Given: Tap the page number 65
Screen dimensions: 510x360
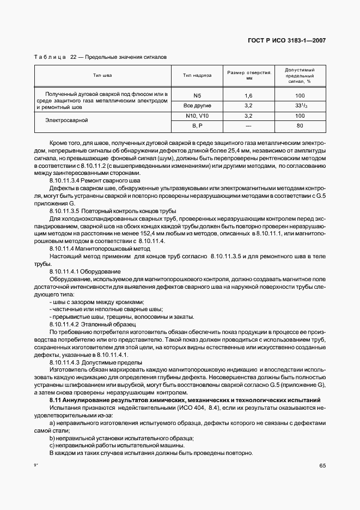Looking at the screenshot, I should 322,465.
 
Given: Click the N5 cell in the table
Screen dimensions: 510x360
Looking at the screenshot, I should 197,95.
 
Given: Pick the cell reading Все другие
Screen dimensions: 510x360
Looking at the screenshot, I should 197,105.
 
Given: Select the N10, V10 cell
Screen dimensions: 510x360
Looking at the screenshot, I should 197,116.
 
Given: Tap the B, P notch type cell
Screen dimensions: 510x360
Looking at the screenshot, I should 197,126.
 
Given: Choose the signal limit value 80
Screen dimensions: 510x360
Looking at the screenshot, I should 300,126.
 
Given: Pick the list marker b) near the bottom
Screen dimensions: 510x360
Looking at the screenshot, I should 52,439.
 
